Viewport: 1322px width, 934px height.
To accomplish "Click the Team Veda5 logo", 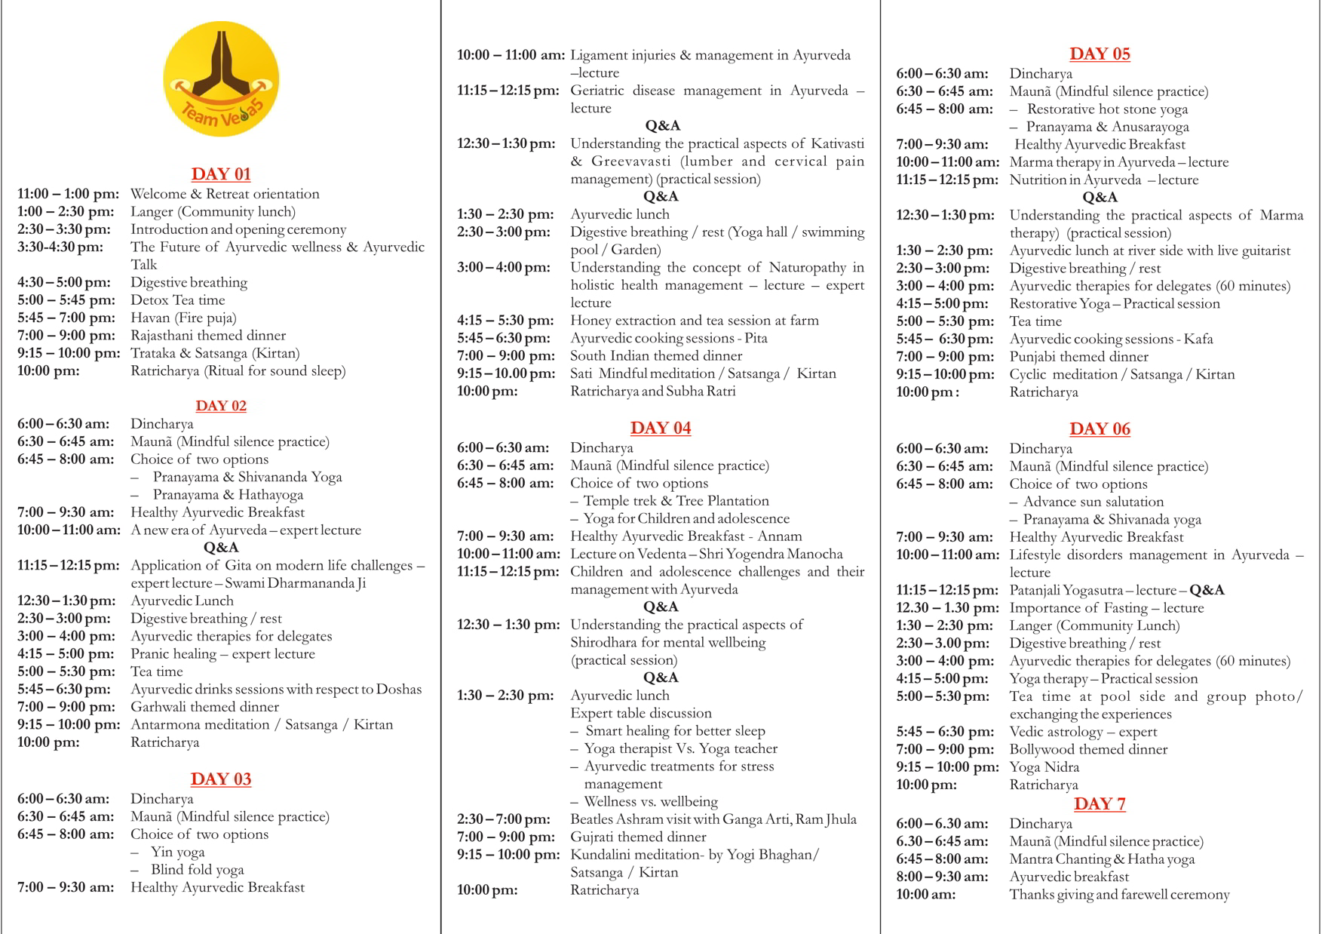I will [x=221, y=79].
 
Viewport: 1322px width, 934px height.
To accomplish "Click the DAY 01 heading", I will [x=221, y=174].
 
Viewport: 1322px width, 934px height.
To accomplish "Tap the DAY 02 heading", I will [x=221, y=406].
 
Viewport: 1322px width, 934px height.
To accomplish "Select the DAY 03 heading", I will [x=221, y=779].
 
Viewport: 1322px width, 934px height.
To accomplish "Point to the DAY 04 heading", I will [x=661, y=429].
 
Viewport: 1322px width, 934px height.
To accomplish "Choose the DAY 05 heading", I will [x=1100, y=54].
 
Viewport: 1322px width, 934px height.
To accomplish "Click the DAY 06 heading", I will [x=1100, y=429].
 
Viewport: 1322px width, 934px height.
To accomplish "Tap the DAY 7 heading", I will [x=1100, y=804].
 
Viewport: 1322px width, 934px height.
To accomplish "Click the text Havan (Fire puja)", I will [x=183, y=318].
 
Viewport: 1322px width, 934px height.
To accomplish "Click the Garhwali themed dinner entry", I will [x=204, y=707].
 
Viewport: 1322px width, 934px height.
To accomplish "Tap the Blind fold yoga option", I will [x=197, y=870].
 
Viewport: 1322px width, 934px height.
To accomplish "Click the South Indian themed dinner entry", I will [x=656, y=356].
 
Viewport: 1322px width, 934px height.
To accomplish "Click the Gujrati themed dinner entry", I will [x=638, y=837].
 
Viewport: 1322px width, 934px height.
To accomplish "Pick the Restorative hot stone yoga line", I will [x=1107, y=109].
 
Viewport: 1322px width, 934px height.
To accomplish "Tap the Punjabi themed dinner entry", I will [x=1078, y=357].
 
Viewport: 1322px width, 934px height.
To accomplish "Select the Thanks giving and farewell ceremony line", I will [x=1119, y=895].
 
